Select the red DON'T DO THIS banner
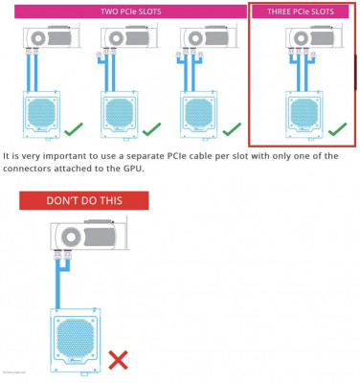(x=84, y=201)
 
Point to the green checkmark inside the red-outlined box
(x=336, y=127)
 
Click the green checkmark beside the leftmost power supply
(x=72, y=128)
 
